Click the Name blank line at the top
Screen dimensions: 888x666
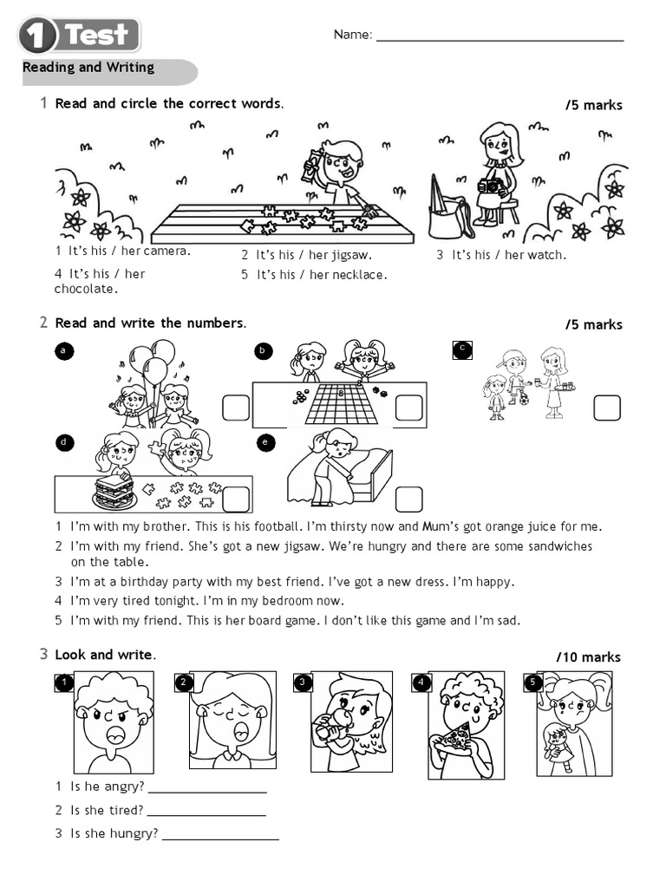tap(499, 39)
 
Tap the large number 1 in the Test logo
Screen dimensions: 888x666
tap(37, 36)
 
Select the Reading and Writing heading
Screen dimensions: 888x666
tap(88, 68)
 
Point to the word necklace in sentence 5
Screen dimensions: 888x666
tap(359, 275)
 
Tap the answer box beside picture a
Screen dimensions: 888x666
tap(236, 408)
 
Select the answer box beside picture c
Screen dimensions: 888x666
tap(607, 408)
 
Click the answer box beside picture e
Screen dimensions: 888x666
tap(408, 499)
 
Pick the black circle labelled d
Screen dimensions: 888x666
tap(63, 442)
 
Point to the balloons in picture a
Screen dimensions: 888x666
tap(153, 362)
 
